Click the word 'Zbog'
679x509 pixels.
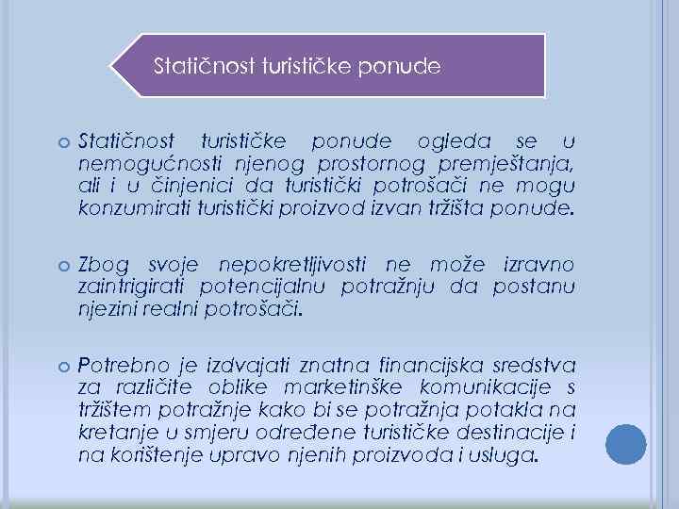(103, 266)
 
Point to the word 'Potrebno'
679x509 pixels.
(119, 367)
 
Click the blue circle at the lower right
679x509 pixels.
(626, 444)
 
